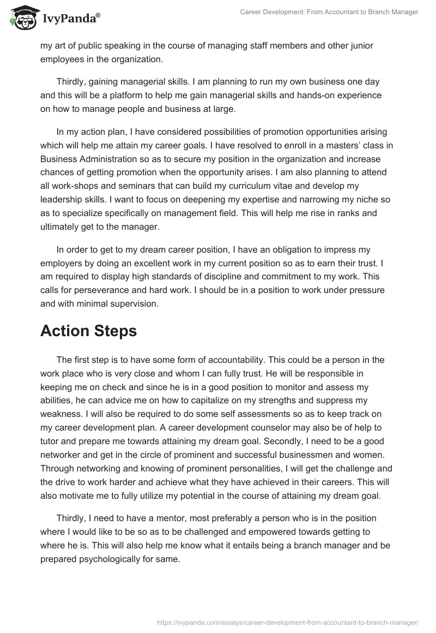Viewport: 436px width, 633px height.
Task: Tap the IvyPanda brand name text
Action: pos(70,19)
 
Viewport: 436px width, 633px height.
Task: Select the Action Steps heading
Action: pos(89,331)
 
